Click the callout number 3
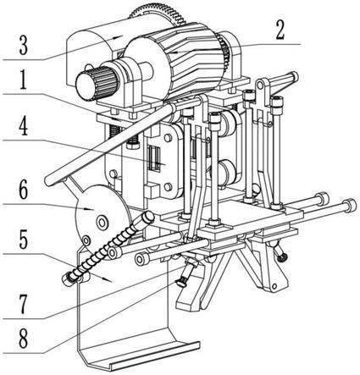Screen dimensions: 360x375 click(x=24, y=46)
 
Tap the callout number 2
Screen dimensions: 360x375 click(x=280, y=30)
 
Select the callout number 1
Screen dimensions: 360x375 click(x=23, y=80)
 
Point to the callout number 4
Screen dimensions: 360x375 click(x=24, y=126)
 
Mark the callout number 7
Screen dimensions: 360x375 click(x=24, y=305)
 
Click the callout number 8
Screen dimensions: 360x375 click(x=24, y=339)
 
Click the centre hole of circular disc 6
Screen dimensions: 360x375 click(x=102, y=223)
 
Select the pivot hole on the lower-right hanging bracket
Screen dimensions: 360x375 click(x=274, y=287)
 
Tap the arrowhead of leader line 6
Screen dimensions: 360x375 click(x=91, y=209)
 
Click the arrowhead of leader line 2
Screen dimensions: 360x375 click(x=174, y=52)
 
